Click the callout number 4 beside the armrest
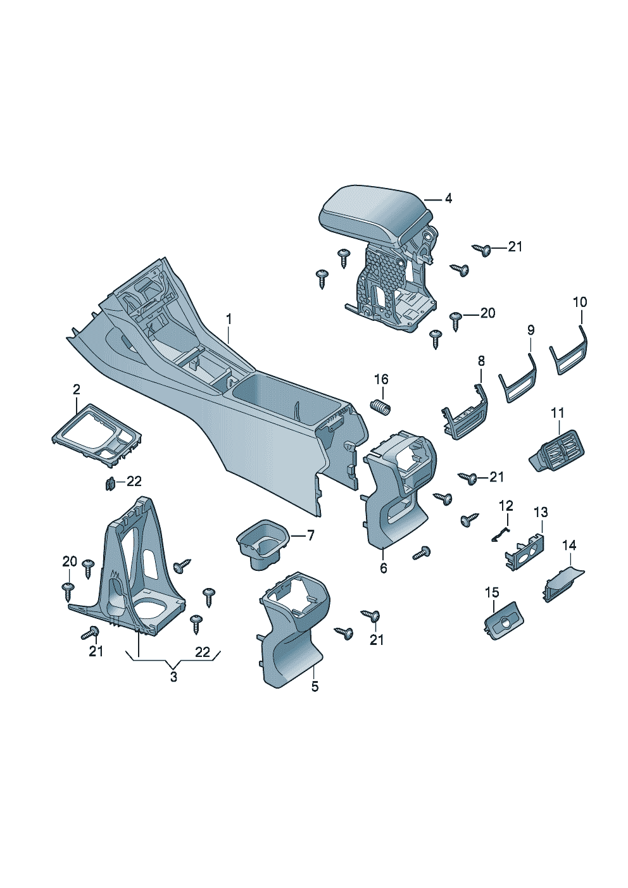[x=448, y=199]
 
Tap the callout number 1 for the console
[x=229, y=319]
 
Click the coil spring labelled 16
[x=380, y=407]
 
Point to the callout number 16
[x=381, y=379]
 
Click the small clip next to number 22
[x=110, y=484]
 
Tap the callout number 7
[x=310, y=535]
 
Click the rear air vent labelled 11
[x=557, y=451]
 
